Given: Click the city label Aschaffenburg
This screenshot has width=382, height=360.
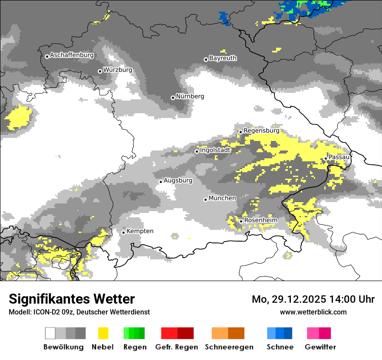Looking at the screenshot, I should click(72, 55).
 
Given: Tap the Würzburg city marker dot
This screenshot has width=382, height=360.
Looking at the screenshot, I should click(100, 71).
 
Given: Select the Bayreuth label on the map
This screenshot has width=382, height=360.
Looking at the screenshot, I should click(223, 58).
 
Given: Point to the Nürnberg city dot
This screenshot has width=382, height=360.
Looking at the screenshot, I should click(173, 98).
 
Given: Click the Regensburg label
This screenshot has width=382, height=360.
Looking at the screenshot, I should click(261, 131).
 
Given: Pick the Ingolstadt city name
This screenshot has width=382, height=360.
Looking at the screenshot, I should click(215, 150).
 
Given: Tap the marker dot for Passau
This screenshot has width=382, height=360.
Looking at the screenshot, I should click(326, 158).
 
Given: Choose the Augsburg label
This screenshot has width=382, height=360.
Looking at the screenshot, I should click(178, 180).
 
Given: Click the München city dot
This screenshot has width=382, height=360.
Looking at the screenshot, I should click(205, 200).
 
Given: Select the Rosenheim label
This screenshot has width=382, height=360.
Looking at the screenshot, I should click(260, 220).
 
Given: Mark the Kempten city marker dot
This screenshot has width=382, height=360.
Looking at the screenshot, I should click(123, 232).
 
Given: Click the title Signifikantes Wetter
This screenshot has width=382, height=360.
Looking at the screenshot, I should click(72, 299).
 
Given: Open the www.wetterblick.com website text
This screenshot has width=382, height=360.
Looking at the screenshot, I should click(313, 312).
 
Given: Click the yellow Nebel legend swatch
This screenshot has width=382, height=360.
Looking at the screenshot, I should click(103, 333).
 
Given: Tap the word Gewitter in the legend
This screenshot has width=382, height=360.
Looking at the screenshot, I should click(320, 347).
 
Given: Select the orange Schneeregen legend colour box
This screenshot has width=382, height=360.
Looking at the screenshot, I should click(220, 333).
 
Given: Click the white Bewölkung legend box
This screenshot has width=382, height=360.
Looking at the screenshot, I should click(50, 333).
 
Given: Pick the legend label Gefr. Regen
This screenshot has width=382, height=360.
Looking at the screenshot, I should click(177, 347).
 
